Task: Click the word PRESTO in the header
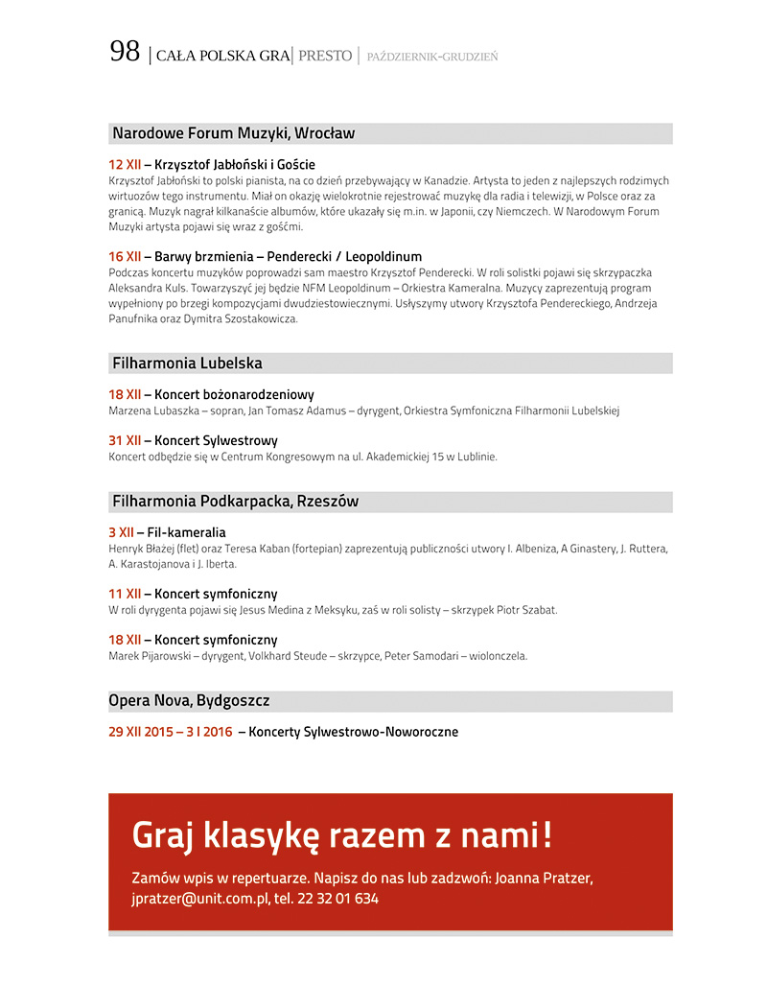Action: point(325,56)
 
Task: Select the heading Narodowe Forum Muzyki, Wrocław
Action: point(233,133)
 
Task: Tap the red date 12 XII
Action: point(125,165)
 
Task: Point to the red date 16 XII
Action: point(125,257)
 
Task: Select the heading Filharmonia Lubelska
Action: point(187,364)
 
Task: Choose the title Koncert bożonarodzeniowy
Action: point(234,394)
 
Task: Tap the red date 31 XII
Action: point(125,440)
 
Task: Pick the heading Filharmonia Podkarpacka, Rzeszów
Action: point(235,502)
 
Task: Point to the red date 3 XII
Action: point(121,532)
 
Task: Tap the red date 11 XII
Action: point(125,594)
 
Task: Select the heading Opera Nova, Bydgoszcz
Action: point(189,701)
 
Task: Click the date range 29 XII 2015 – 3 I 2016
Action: point(171,732)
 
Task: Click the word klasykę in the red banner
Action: point(260,835)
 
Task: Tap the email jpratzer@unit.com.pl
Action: point(195,899)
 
